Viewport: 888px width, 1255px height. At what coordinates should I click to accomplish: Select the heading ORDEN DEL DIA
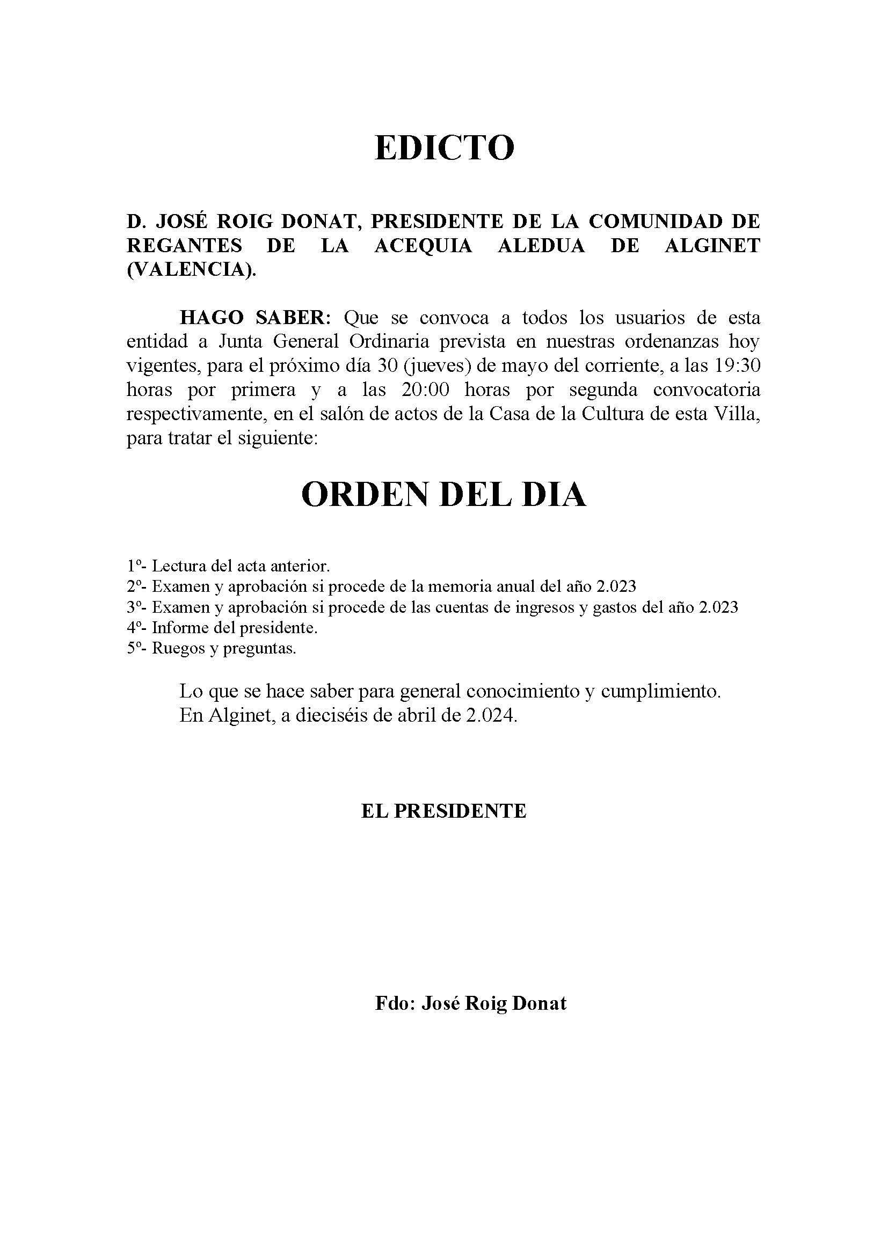click(443, 495)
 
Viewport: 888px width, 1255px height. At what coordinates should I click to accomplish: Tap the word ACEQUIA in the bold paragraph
click(423, 246)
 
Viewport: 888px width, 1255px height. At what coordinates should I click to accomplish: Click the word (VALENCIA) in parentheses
click(191, 270)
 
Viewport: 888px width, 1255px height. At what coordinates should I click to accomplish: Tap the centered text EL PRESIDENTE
click(443, 811)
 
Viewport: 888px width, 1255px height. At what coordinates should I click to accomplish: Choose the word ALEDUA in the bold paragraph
click(541, 246)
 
